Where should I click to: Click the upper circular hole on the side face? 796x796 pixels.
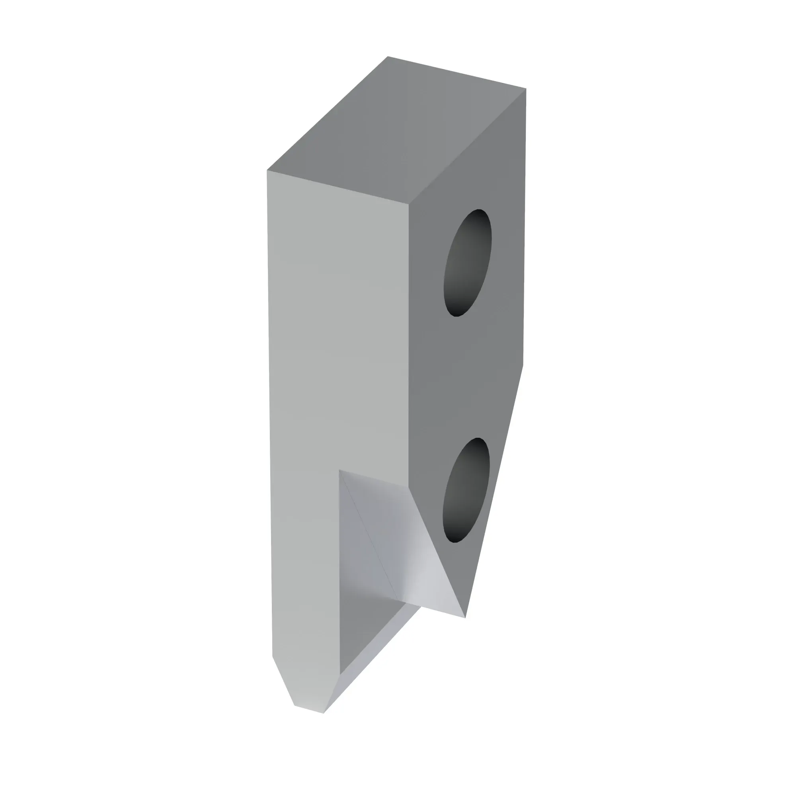pyautogui.click(x=467, y=262)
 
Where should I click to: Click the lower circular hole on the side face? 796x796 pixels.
pyautogui.click(x=466, y=490)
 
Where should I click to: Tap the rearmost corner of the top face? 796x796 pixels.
pyautogui.click(x=388, y=57)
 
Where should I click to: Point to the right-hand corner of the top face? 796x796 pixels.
pyautogui.click(x=526, y=89)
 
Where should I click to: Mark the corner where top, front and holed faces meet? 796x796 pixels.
pyautogui.click(x=408, y=204)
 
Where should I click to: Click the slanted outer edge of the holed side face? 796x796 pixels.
pyautogui.click(x=494, y=490)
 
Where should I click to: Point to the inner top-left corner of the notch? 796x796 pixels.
pyautogui.click(x=339, y=470)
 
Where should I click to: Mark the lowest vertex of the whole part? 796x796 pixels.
pyautogui.click(x=324, y=713)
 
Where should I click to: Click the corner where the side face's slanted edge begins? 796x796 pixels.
pyautogui.click(x=523, y=365)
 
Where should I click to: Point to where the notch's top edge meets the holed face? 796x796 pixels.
pyautogui.click(x=408, y=487)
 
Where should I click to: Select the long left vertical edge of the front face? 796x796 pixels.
pyautogui.click(x=269, y=412)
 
